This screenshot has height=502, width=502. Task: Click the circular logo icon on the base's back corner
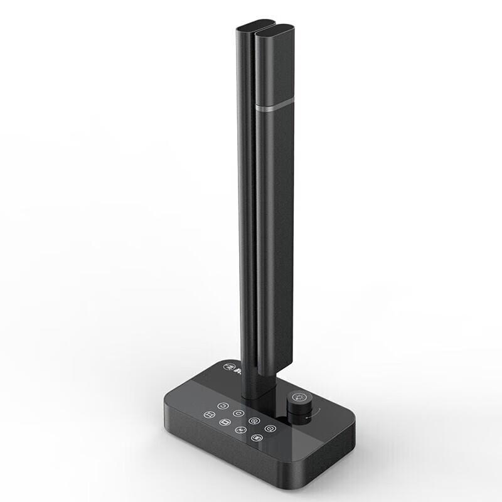(226, 368)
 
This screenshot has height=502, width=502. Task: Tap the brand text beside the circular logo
(236, 370)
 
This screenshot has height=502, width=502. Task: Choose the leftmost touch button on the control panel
(208, 414)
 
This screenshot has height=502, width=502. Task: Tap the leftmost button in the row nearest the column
(222, 405)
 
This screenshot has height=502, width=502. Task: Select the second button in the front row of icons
(224, 422)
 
